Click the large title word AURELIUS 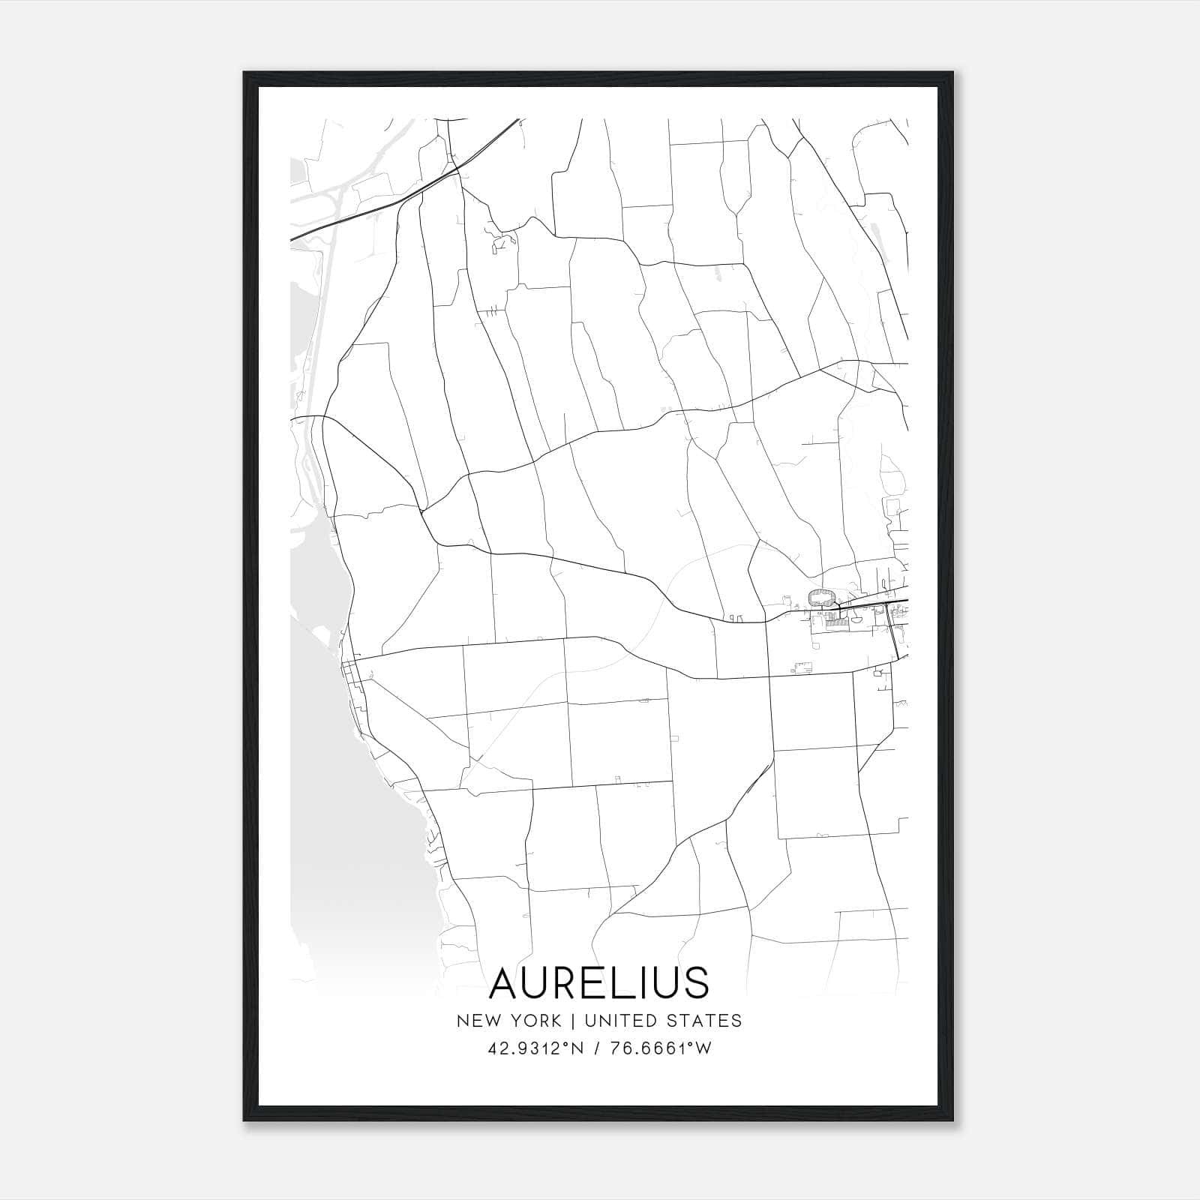pyautogui.click(x=598, y=983)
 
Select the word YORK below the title pyautogui.click(x=535, y=1021)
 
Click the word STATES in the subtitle pyautogui.click(x=705, y=1021)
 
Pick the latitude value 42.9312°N pyautogui.click(x=533, y=1048)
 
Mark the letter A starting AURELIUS pyautogui.click(x=507, y=983)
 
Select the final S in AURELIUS pyautogui.click(x=695, y=983)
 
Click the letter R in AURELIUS pyautogui.click(x=567, y=983)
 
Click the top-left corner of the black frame pyautogui.click(x=245, y=73)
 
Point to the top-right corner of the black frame pyautogui.click(x=953, y=73)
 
